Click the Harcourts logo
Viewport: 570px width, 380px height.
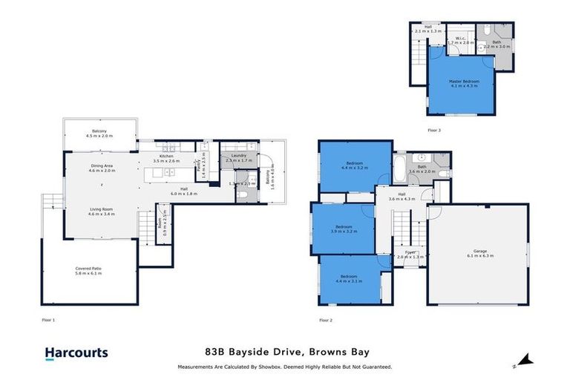point(76,353)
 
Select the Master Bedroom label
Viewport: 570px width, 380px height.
point(464,83)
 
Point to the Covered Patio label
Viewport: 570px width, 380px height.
point(89,270)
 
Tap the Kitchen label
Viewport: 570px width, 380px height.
point(166,158)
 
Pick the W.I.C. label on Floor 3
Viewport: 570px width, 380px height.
point(460,40)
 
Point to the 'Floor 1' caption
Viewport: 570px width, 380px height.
point(49,320)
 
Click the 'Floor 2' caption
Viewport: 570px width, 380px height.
point(325,320)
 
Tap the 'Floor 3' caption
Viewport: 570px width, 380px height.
point(434,129)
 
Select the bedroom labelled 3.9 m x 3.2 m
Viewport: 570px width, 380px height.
point(342,229)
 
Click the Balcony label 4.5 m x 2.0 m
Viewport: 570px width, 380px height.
point(98,134)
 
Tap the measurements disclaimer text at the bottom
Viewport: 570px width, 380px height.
point(285,367)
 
